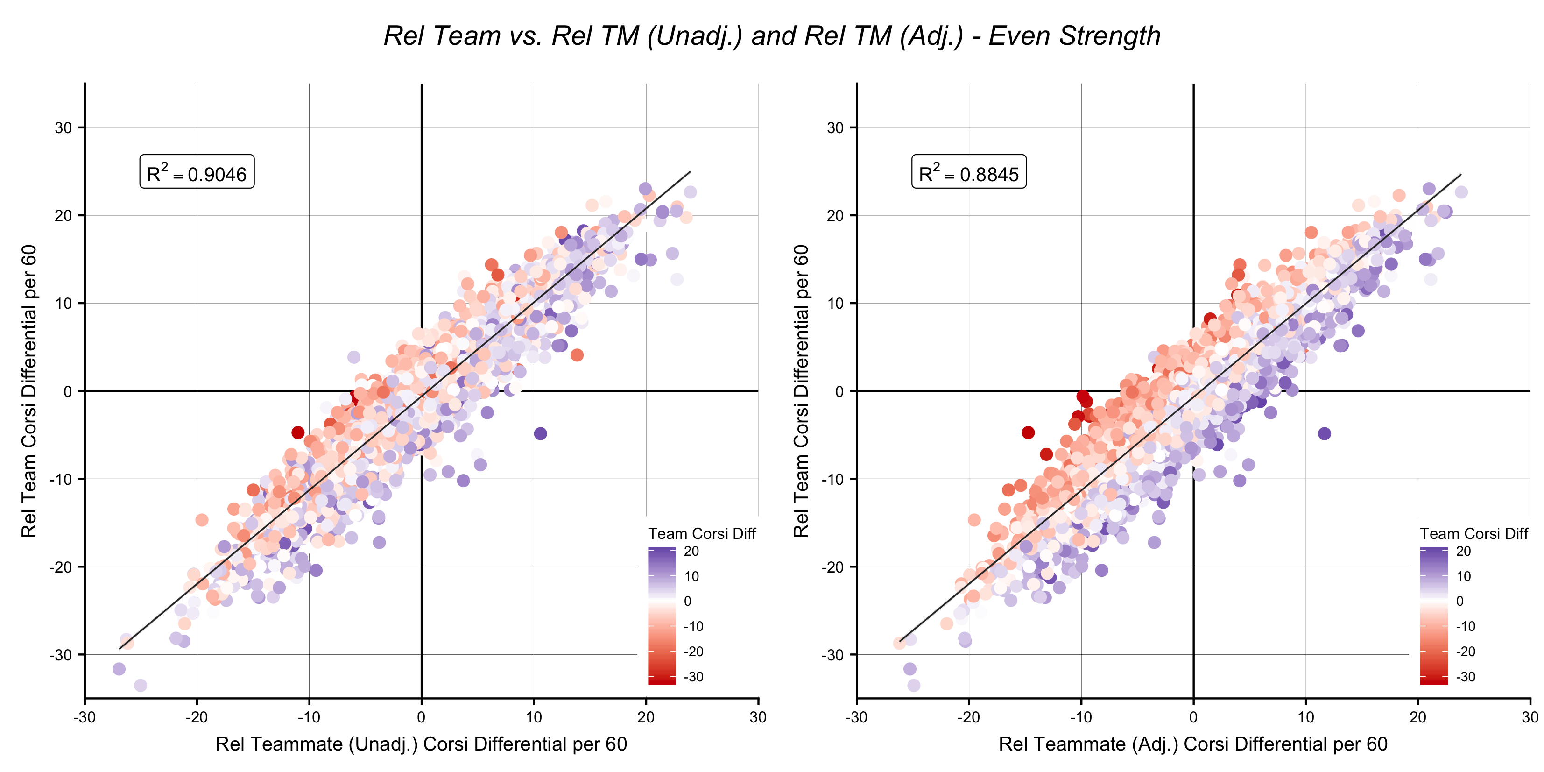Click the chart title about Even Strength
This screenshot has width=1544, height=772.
coord(772,36)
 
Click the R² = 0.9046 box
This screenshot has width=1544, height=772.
coord(197,172)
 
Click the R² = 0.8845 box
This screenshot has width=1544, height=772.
coord(969,172)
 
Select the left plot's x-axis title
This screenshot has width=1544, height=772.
coord(421,744)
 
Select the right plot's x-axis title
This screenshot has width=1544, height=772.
coord(1193,744)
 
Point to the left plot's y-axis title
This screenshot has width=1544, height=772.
coord(29,391)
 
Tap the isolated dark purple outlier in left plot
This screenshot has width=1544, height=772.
coord(540,433)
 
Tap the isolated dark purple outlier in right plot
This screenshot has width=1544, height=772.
coord(1325,433)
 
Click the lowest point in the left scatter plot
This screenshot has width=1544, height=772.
coord(140,685)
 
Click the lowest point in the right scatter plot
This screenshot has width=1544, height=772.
coord(913,685)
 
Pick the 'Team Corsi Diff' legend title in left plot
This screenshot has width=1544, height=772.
coord(702,533)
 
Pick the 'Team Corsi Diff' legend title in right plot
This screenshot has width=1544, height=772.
coord(1474,533)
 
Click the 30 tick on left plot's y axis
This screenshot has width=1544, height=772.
coord(63,127)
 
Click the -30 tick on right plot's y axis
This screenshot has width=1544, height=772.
coord(833,654)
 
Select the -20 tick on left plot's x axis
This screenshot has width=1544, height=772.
coord(197,717)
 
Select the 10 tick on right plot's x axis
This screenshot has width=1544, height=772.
coord(1305,717)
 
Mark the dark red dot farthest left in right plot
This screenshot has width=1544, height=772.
coord(1028,432)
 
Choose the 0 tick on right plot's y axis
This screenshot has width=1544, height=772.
coord(839,391)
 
